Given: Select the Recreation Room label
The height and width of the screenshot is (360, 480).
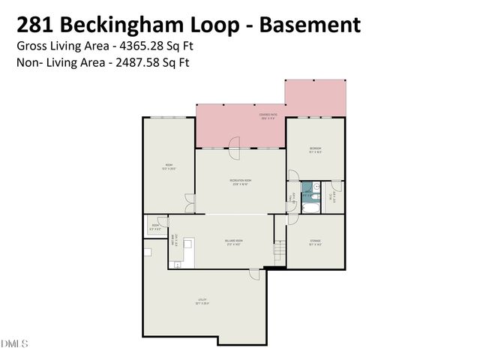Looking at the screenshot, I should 240,181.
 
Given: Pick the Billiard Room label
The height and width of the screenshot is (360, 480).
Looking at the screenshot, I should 233,241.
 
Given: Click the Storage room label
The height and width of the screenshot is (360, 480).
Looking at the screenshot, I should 315,241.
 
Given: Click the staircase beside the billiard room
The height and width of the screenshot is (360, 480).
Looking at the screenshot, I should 280,248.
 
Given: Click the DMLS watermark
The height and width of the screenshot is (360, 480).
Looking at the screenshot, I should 14,344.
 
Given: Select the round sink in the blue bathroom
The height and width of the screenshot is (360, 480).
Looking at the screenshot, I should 317,187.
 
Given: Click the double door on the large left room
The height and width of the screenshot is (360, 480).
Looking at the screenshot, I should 190,201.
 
